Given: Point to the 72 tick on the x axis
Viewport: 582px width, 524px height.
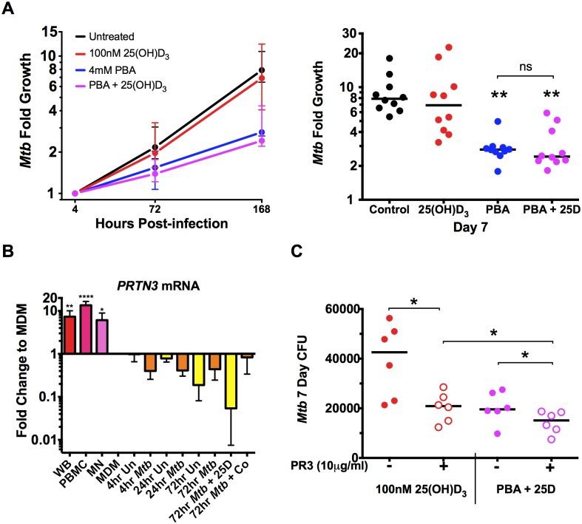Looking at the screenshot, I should (x=155, y=208).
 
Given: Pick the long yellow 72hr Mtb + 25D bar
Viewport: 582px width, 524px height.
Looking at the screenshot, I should (x=232, y=381).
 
